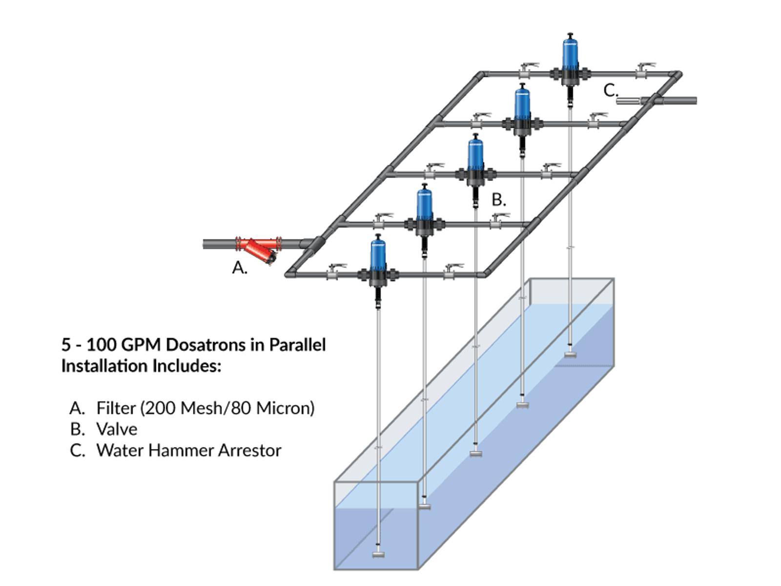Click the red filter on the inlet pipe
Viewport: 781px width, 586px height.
(x=258, y=249)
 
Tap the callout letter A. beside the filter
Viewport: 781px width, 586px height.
(x=240, y=268)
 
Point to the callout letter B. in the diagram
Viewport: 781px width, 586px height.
(x=498, y=200)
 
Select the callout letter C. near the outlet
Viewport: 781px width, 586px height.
(x=611, y=90)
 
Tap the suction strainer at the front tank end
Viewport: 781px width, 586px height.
(x=378, y=554)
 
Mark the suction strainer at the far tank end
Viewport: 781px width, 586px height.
(x=570, y=355)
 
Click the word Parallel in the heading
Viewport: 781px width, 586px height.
(x=297, y=345)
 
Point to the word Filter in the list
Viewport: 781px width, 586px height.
(x=116, y=408)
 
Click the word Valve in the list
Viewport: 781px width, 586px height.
(x=117, y=429)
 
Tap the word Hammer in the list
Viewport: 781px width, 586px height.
(x=181, y=450)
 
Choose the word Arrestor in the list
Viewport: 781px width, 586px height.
(x=250, y=450)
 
